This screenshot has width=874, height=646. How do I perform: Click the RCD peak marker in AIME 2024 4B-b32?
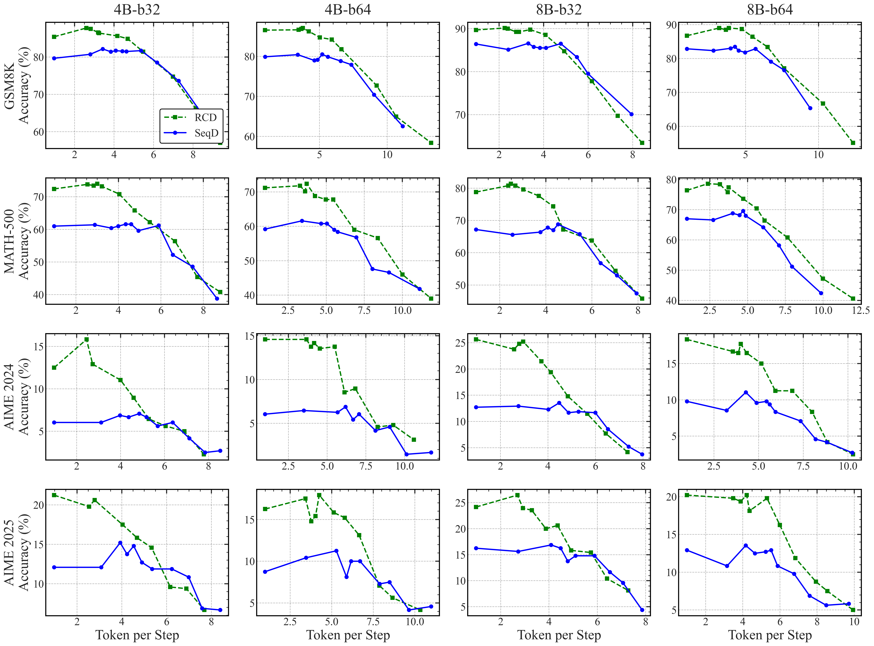(86, 339)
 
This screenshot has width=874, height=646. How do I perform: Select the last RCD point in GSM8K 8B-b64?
(853, 143)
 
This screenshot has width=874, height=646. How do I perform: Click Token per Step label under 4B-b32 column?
(137, 635)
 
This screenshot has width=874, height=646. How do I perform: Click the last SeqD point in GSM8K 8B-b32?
(631, 114)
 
